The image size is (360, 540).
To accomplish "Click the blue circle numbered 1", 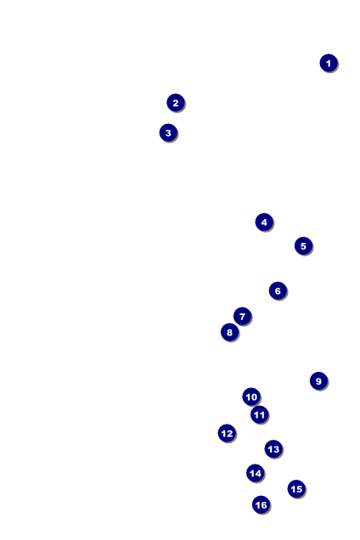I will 329,63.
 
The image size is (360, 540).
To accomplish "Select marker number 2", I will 176,103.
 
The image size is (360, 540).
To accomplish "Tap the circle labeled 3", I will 168,132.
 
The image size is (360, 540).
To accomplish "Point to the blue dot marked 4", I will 264,222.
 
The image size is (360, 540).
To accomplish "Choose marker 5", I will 303,245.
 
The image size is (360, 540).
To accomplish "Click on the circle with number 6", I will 278,290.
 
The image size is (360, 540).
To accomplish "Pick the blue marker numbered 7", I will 242,316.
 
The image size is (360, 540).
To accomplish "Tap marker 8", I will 229,332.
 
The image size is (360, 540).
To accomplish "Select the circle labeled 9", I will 318,380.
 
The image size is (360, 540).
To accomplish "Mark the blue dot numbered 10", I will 251,397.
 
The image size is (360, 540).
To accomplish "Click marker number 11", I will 260,414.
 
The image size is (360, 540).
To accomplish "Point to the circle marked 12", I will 227,433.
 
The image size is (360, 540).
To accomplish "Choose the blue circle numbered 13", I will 273,449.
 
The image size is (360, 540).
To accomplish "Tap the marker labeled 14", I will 256,473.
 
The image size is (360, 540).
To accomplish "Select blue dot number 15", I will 296,488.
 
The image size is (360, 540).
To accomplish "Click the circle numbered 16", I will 261,504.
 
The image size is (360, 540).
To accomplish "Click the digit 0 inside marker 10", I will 254,397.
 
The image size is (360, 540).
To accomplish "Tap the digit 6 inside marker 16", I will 263,504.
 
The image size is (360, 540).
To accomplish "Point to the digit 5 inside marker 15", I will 299,488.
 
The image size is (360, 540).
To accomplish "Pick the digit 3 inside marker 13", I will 276,449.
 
